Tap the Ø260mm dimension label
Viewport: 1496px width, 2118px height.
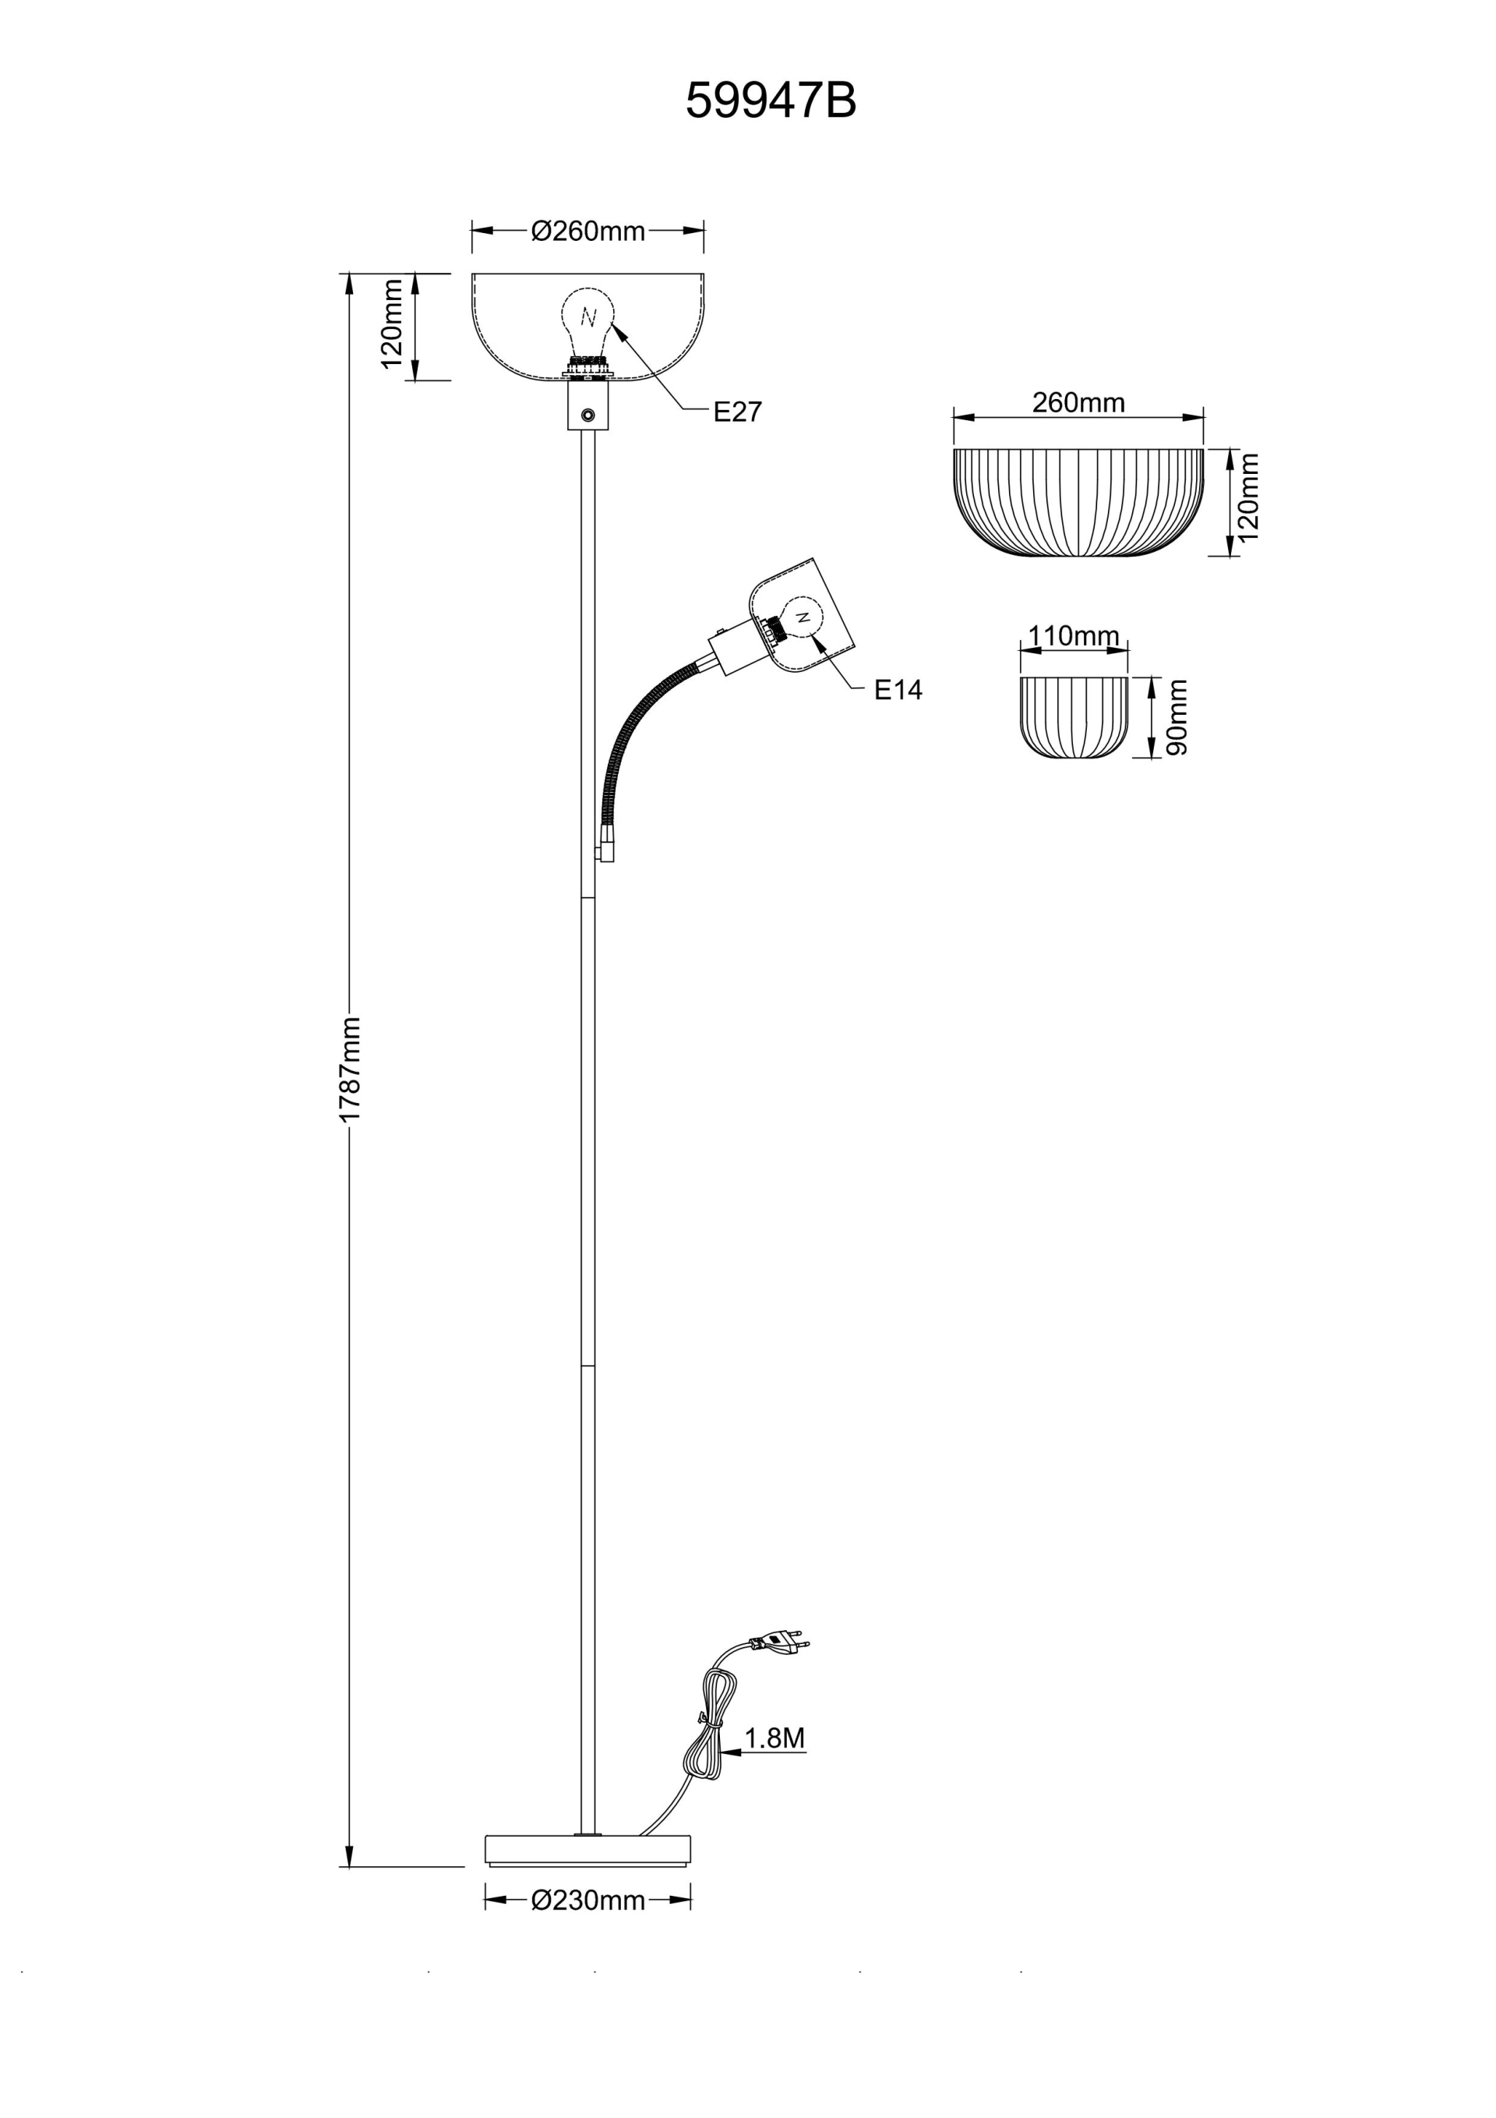[587, 232]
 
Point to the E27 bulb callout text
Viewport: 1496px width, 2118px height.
[738, 412]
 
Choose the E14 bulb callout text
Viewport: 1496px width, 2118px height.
[898, 690]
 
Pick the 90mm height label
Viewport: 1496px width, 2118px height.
[1177, 718]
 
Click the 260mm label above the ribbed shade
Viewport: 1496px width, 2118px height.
[1078, 402]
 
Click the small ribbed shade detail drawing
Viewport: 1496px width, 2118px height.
[1074, 718]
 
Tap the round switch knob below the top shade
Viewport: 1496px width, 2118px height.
[587, 419]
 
